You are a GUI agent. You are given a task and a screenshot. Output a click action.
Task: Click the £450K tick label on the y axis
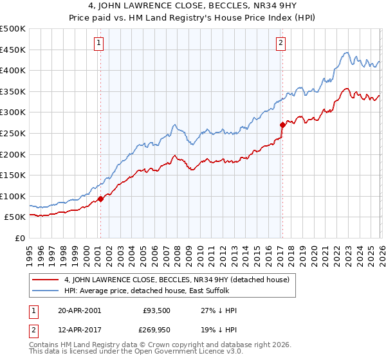click(x=13, y=50)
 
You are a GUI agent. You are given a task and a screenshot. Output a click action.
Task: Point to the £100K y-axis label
click(x=13, y=196)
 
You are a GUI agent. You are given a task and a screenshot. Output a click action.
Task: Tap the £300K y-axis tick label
click(x=13, y=113)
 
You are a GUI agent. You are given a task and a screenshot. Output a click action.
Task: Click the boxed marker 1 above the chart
click(x=99, y=44)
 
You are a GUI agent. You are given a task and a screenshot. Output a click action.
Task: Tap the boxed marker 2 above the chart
click(x=281, y=44)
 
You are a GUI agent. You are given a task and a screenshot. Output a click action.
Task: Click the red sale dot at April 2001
click(x=101, y=199)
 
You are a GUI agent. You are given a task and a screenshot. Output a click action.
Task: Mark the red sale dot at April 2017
click(x=282, y=125)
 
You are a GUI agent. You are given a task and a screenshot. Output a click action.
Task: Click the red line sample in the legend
click(x=46, y=280)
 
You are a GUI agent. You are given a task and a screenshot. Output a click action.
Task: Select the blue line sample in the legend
click(x=46, y=291)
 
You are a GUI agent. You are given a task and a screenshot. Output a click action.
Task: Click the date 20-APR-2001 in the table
click(x=79, y=310)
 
